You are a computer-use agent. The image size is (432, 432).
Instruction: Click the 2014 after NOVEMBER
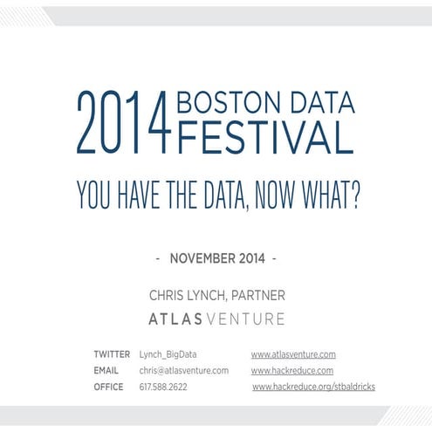click(x=252, y=259)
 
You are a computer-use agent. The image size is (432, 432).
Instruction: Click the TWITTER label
click(x=113, y=354)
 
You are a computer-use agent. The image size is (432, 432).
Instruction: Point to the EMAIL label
click(x=107, y=370)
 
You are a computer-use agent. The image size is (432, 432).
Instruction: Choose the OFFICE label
click(x=108, y=386)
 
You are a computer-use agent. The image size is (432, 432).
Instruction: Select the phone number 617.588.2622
click(x=164, y=386)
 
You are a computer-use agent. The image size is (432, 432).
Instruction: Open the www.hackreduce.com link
click(x=292, y=370)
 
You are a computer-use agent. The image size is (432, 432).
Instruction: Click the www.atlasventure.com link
click(x=293, y=354)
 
